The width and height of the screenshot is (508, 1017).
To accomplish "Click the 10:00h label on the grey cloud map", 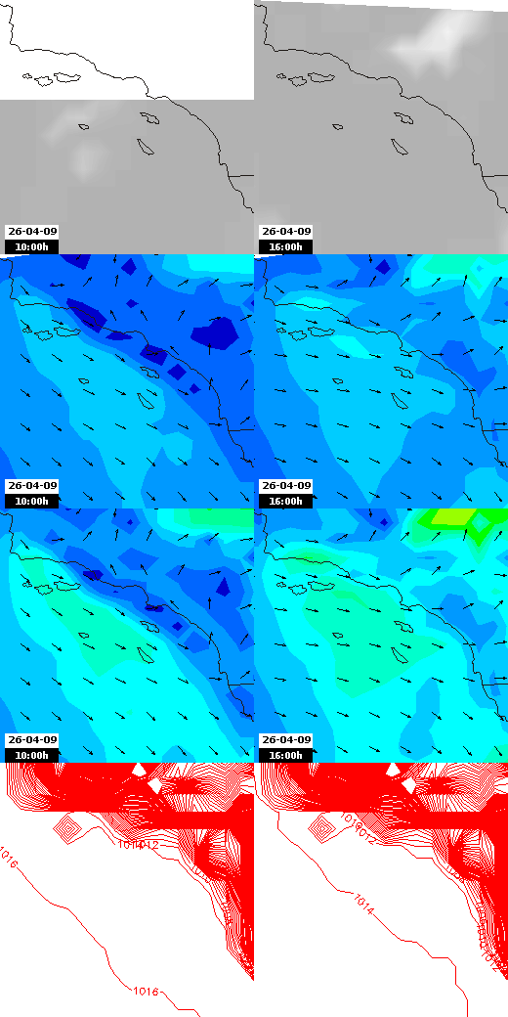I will [x=32, y=246].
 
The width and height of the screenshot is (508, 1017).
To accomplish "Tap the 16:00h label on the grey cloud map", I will [x=286, y=246].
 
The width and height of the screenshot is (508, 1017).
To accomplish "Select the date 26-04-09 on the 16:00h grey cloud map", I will [x=286, y=232].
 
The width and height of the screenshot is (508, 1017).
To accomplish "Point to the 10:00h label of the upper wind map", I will [x=32, y=501].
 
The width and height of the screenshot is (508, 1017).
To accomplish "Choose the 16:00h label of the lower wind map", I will [x=286, y=755].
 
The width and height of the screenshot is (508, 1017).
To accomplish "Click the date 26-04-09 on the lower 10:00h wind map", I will [x=32, y=740].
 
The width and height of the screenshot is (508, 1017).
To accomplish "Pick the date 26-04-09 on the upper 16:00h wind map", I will [x=286, y=486].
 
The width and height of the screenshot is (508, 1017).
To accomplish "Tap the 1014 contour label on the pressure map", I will [x=366, y=900].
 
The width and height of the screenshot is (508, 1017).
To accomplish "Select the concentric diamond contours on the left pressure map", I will [x=66, y=829].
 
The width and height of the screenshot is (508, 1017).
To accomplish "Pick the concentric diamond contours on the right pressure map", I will [x=320, y=829].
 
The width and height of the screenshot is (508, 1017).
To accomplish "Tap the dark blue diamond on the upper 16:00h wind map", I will [x=383, y=266].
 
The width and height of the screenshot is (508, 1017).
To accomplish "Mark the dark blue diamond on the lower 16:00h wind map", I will [x=384, y=522].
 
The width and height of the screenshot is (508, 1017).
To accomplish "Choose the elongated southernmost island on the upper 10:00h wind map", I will [x=148, y=400].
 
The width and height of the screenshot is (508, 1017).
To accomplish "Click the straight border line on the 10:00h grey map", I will [x=240, y=175].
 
